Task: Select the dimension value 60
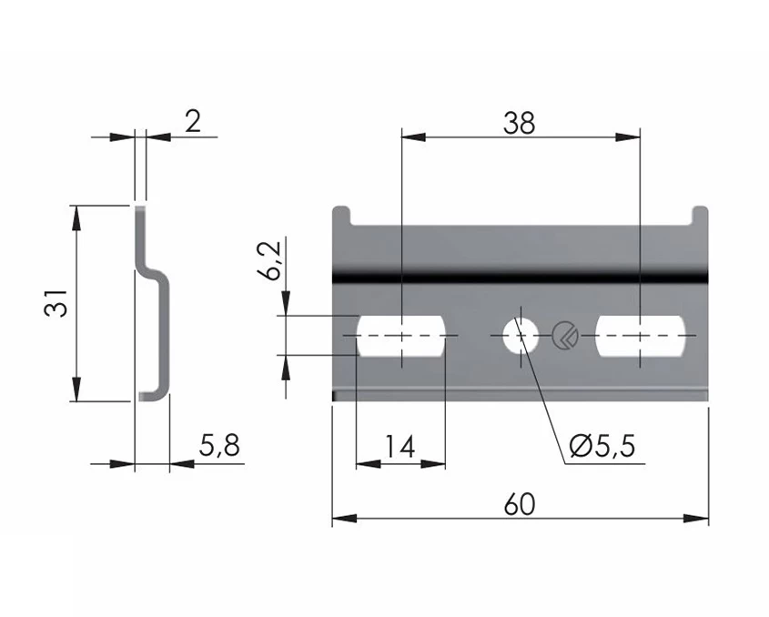pyautogui.click(x=520, y=504)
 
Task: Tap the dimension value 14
pyautogui.click(x=400, y=447)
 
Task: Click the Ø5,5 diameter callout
pyautogui.click(x=602, y=447)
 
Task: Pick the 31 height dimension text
pyautogui.click(x=56, y=303)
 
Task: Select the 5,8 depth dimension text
pyautogui.click(x=219, y=446)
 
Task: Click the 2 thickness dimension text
pyautogui.click(x=193, y=121)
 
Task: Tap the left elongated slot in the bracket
pyautogui.click(x=400, y=336)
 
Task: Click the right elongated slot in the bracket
pyautogui.click(x=641, y=336)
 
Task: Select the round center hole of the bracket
pyautogui.click(x=520, y=336)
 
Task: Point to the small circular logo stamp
pyautogui.click(x=564, y=335)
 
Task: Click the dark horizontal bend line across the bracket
pyautogui.click(x=520, y=273)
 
